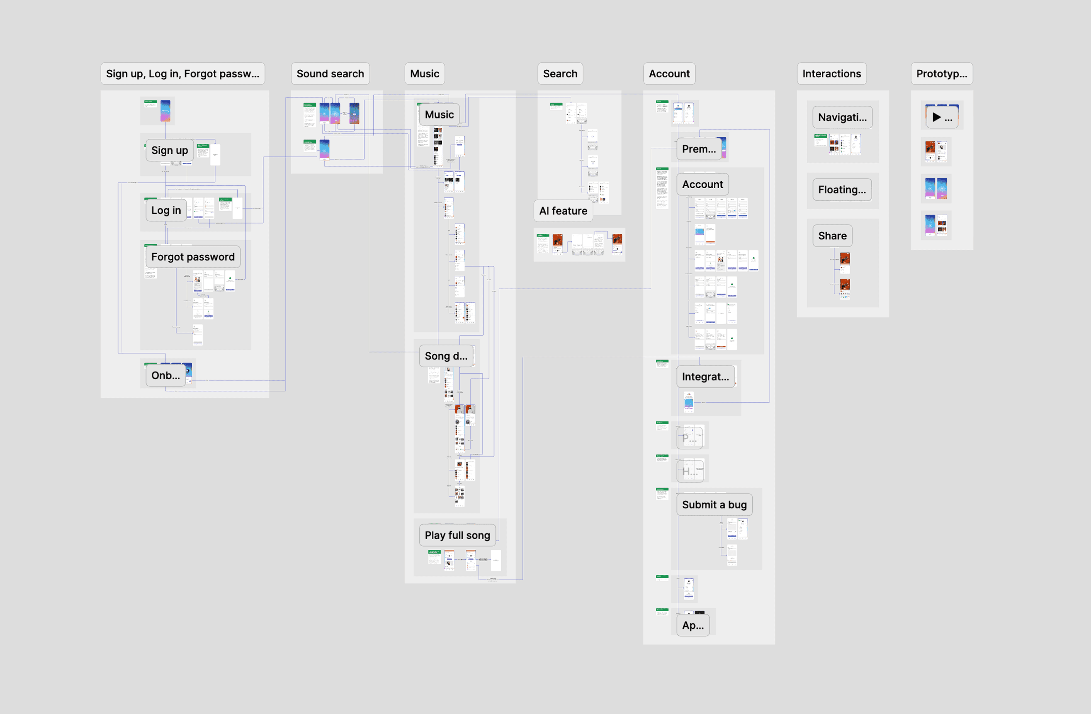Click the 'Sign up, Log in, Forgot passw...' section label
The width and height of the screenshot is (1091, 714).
pyautogui.click(x=183, y=74)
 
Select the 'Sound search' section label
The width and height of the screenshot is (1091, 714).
pyautogui.click(x=330, y=74)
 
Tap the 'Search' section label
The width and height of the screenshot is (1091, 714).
pyautogui.click(x=560, y=74)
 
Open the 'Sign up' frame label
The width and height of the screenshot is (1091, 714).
pyautogui.click(x=169, y=150)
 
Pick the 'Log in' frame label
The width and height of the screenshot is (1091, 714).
pyautogui.click(x=166, y=210)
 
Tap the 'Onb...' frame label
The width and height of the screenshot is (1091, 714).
pyautogui.click(x=166, y=375)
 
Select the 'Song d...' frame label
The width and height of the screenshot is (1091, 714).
pyautogui.click(x=446, y=356)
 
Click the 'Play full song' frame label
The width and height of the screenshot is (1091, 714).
pyautogui.click(x=457, y=535)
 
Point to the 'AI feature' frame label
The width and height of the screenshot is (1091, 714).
pyautogui.click(x=563, y=211)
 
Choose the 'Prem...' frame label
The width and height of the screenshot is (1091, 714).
pyautogui.click(x=699, y=149)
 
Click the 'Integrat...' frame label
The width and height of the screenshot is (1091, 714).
pyautogui.click(x=705, y=377)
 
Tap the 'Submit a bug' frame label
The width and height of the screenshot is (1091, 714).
pyautogui.click(x=714, y=505)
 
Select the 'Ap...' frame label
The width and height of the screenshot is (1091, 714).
pyautogui.click(x=693, y=625)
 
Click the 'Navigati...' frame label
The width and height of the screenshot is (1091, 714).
pyautogui.click(x=842, y=117)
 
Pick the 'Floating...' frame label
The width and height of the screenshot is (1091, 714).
pyautogui.click(x=842, y=190)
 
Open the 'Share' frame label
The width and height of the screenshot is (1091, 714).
pyautogui.click(x=832, y=236)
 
